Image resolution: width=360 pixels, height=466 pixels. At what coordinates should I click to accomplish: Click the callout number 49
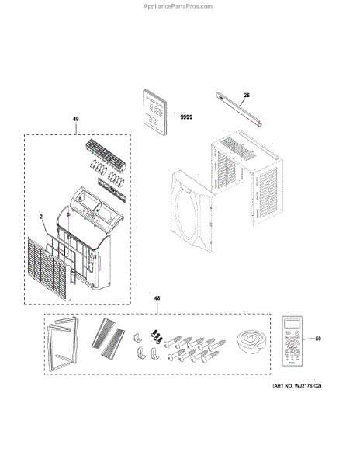click(x=76, y=120)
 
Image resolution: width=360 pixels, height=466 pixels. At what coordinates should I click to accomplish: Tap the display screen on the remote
click(x=292, y=325)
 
